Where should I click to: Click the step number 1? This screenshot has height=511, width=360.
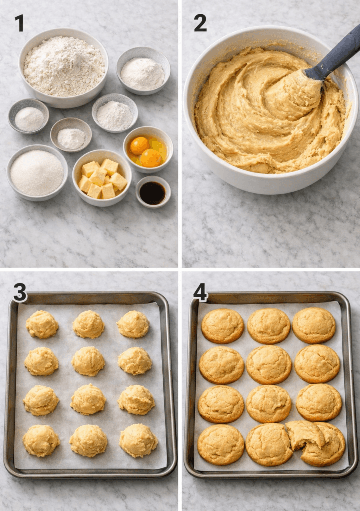tap(19, 23)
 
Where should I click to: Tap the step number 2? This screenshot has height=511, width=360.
tap(200, 23)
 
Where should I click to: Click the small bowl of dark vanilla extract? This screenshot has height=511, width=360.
tap(153, 192)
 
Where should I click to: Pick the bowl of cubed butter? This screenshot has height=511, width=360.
tap(102, 178)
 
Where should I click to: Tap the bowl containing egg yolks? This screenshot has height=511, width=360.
tap(148, 148)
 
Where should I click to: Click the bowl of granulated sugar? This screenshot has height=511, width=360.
tap(37, 173)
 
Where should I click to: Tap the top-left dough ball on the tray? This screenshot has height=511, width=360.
tap(42, 324)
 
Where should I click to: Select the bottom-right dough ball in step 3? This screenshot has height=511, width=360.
tap(138, 440)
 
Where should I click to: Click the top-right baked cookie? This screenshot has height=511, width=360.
tap(314, 325)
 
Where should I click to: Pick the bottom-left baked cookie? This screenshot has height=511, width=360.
tap(221, 444)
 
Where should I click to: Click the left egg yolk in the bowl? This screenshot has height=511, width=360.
tap(139, 145)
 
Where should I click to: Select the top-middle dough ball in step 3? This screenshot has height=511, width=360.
tap(88, 324)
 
